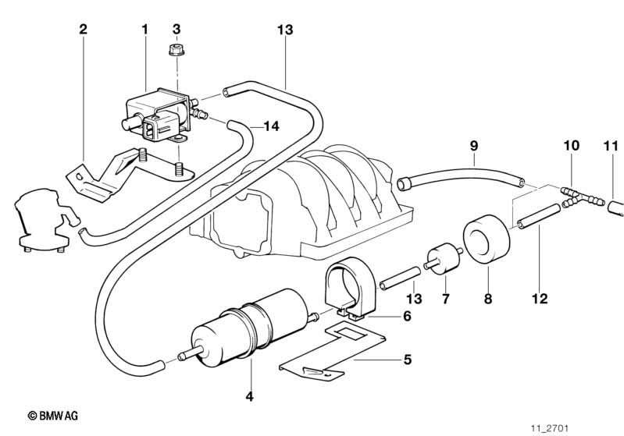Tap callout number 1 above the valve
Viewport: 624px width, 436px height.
pyautogui.click(x=144, y=30)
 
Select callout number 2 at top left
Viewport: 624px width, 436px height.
pyautogui.click(x=84, y=30)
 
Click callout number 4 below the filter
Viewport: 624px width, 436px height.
pyautogui.click(x=249, y=397)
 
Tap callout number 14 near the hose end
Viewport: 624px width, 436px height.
pyautogui.click(x=271, y=126)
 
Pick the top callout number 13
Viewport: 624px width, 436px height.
pyautogui.click(x=284, y=30)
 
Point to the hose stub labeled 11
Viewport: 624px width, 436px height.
pyautogui.click(x=615, y=207)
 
